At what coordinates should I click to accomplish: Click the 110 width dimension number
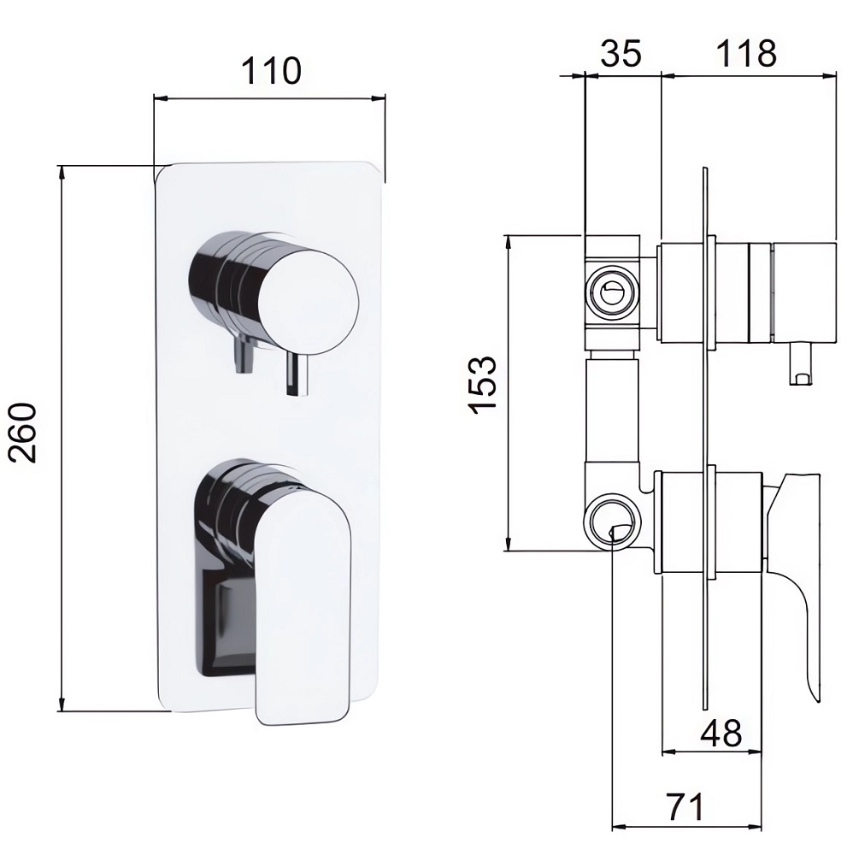pyautogui.click(x=271, y=70)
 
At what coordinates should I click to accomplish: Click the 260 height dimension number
pyautogui.click(x=25, y=433)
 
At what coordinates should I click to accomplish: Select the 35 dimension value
pyautogui.click(x=621, y=53)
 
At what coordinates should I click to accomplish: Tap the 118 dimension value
pyautogui.click(x=746, y=53)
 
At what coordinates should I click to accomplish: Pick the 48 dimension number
pyautogui.click(x=721, y=733)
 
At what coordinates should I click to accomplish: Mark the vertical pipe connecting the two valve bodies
pyautogui.click(x=611, y=409)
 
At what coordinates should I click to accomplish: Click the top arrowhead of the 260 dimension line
pyautogui.click(x=62, y=174)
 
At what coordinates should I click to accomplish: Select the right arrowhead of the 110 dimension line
pyautogui.click(x=377, y=98)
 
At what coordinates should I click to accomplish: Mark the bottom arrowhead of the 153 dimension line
pyautogui.click(x=509, y=543)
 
